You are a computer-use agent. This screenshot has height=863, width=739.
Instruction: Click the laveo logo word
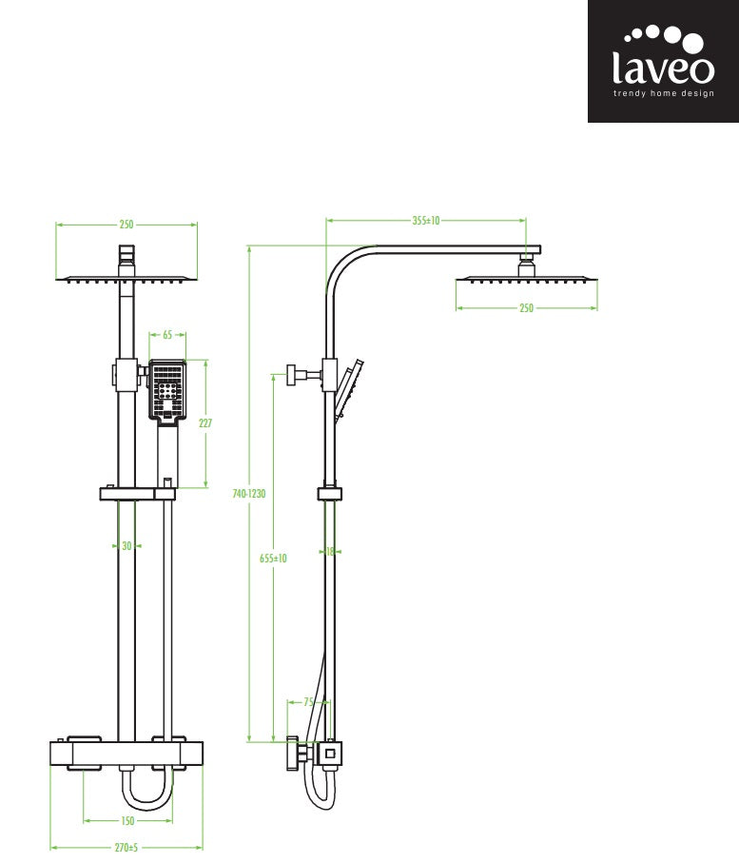click(x=663, y=68)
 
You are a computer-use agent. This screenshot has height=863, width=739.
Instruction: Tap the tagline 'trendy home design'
click(x=664, y=93)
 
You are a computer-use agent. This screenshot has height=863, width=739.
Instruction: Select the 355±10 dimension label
click(x=426, y=221)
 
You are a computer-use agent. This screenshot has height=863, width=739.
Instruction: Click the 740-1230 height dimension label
click(x=249, y=494)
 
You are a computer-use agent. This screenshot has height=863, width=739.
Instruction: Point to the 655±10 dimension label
click(x=274, y=559)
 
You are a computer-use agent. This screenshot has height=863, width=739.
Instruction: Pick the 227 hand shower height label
click(x=205, y=422)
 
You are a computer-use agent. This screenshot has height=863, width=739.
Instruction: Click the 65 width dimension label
click(x=167, y=335)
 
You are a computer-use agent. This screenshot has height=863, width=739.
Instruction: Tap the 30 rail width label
click(x=126, y=546)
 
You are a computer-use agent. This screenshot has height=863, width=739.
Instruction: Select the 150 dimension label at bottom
click(x=127, y=820)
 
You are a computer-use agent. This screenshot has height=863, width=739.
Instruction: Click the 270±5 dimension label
click(x=126, y=848)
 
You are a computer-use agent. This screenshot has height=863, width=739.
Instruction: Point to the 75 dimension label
click(x=309, y=702)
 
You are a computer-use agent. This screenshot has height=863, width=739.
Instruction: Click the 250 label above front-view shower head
click(x=126, y=225)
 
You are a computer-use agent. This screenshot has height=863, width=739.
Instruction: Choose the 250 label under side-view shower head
click(x=527, y=308)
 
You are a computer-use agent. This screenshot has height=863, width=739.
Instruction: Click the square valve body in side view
click(x=330, y=754)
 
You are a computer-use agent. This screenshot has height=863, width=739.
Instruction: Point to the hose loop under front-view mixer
click(x=146, y=788)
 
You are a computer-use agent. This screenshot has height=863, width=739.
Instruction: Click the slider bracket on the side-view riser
click(x=330, y=493)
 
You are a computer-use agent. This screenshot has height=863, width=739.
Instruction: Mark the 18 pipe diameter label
click(x=330, y=551)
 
